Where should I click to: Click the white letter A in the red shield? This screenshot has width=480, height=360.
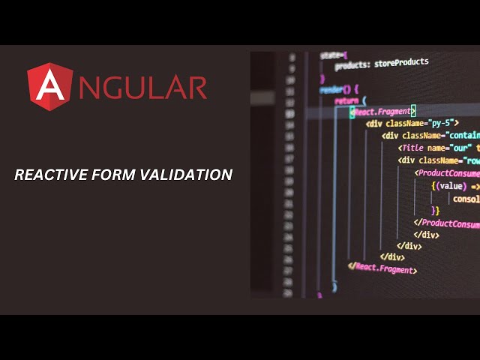point(49,88)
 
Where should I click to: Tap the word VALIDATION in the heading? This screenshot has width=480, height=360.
point(188,175)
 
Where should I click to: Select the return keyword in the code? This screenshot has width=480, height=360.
point(346,100)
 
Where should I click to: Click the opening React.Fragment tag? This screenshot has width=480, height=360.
point(383,111)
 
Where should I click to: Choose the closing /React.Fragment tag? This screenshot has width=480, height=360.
point(383,268)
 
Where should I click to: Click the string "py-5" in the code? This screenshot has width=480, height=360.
point(442,122)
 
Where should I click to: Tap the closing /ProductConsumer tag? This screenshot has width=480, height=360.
point(448,223)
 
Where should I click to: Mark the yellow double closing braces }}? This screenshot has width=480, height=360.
point(435,211)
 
